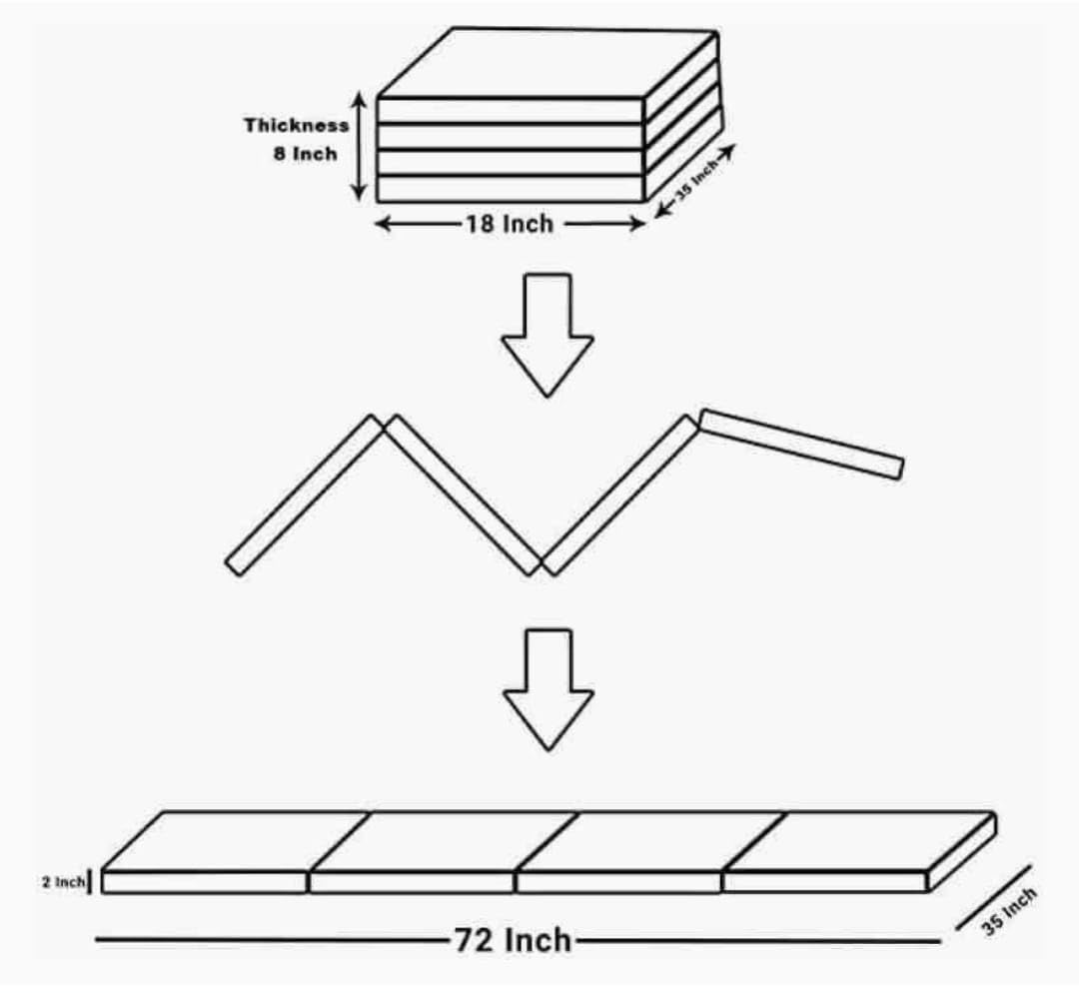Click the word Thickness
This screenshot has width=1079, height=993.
point(297,126)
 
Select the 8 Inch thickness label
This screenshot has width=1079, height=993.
point(306,155)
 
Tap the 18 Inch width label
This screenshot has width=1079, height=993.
point(508,224)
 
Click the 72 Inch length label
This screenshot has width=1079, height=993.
point(514,940)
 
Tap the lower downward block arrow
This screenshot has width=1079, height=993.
point(546,687)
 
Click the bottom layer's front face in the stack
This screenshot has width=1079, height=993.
point(510,188)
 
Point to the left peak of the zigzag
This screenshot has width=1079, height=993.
point(383,423)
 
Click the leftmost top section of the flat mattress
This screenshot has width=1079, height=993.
point(236,840)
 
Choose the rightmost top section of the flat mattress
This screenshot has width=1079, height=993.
point(859,840)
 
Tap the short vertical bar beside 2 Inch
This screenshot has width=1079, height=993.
point(91,882)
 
